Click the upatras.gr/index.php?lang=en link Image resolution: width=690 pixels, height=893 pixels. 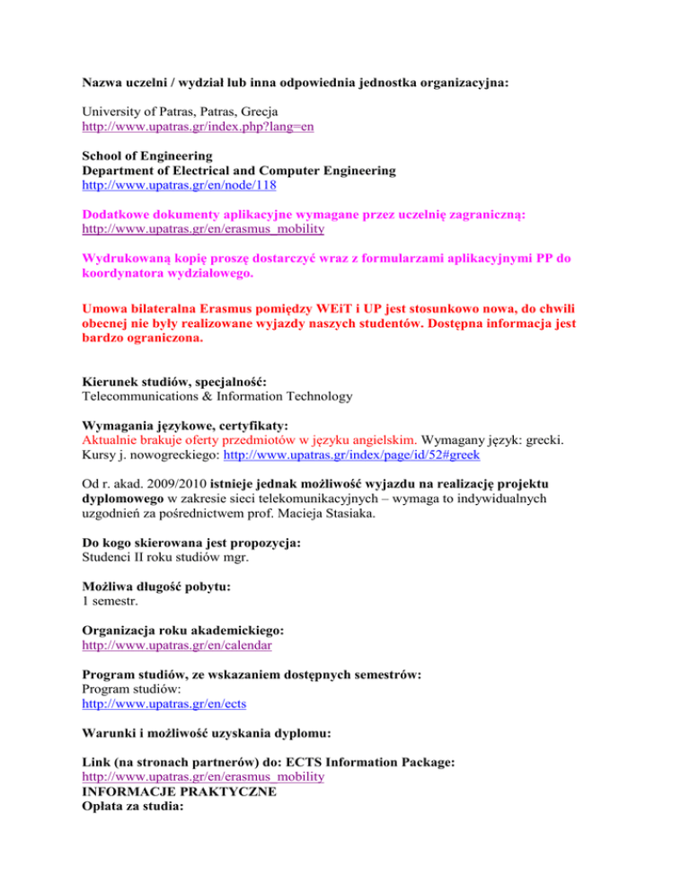pos(198,128)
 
